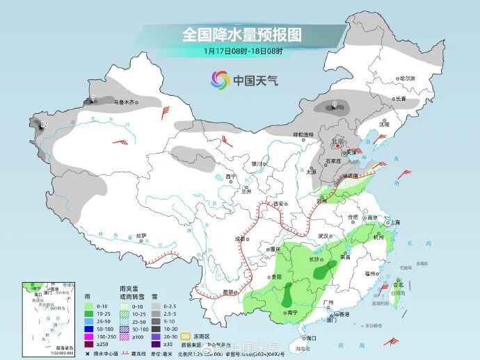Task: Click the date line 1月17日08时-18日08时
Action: (243, 51)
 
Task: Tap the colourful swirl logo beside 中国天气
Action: (221, 80)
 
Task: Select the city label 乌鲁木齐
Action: (123, 102)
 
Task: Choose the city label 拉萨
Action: (141, 236)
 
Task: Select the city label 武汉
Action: (322, 236)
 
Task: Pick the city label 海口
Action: (301, 338)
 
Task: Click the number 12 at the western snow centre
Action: (44, 124)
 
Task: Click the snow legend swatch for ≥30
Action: (158, 343)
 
